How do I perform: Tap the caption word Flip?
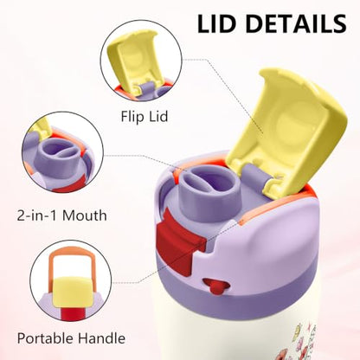pyautogui.click(x=131, y=117)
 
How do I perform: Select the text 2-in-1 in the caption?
pyautogui.click(x=37, y=215)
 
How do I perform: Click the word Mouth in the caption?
pyautogui.click(x=85, y=215)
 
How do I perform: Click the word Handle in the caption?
pyautogui.click(x=102, y=337)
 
